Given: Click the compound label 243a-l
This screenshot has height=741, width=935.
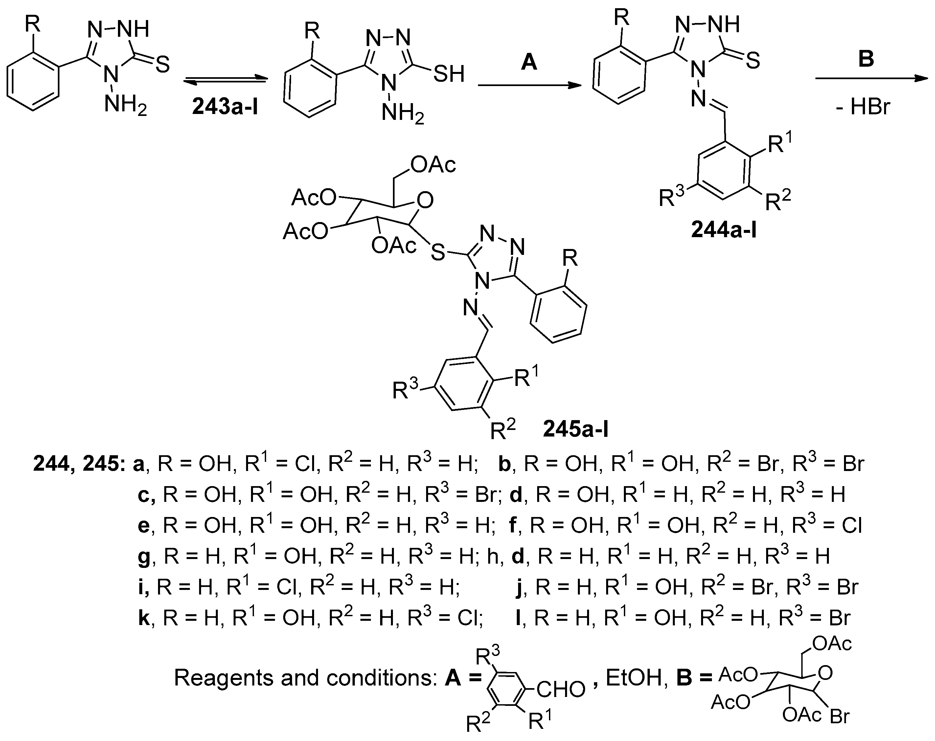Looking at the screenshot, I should click(225, 107).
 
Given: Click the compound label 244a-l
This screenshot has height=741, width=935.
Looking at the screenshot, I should click(723, 230).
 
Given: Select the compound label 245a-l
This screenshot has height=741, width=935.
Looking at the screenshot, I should click(576, 429).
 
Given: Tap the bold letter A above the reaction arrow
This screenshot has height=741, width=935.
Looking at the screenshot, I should click(529, 62).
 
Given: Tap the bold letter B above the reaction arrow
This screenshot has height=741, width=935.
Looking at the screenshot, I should click(866, 58).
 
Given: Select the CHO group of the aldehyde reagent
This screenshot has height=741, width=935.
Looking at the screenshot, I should click(561, 690).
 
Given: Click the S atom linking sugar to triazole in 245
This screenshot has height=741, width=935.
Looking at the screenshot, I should click(438, 252).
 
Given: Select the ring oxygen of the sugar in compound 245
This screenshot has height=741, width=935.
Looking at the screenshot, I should click(425, 200).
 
